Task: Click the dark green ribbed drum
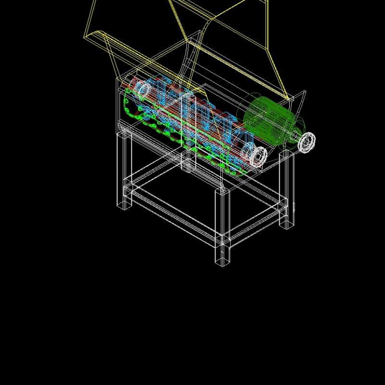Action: (x=267, y=120)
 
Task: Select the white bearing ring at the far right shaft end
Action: (x=307, y=142)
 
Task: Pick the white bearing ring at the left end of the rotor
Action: (x=143, y=89)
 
